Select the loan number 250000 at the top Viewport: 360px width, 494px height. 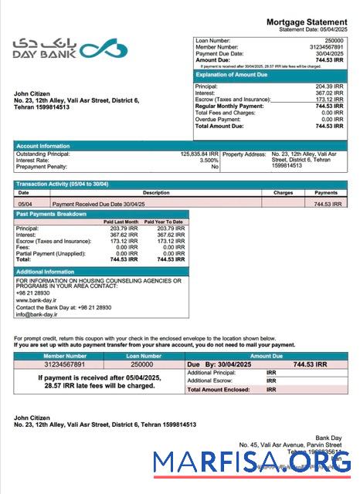(x=334, y=39)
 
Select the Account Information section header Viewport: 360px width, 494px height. (x=45, y=145)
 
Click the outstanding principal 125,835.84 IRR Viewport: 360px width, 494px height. (x=199, y=154)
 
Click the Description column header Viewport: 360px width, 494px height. (x=155, y=192)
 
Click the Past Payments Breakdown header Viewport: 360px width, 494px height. (x=52, y=214)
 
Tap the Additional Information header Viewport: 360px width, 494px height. (x=46, y=272)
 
